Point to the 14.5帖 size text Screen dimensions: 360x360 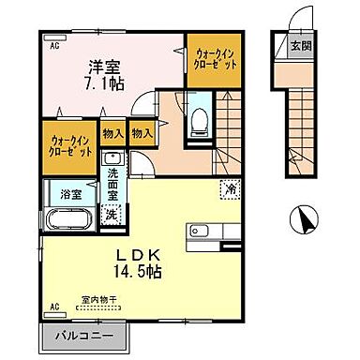point(142,272)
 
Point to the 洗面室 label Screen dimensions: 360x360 point(112,186)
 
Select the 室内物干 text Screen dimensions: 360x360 point(97,301)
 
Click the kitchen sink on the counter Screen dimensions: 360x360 point(201,232)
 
